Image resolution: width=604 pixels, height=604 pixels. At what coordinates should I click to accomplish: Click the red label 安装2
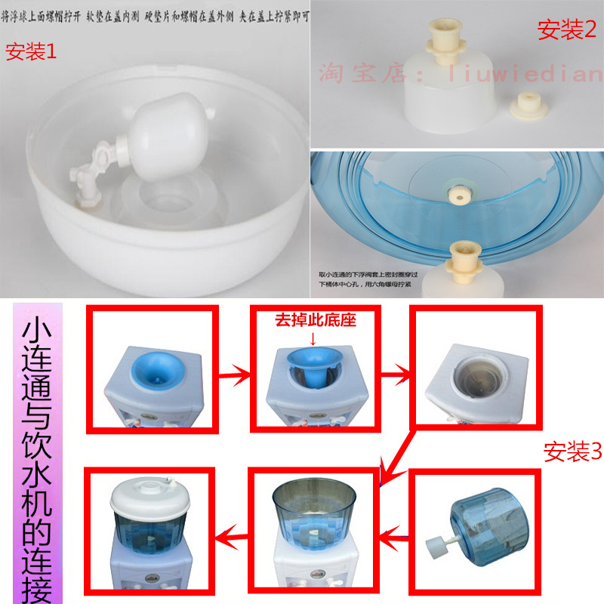click(x=566, y=29)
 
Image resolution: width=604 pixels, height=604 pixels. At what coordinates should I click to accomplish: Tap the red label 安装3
click(x=573, y=451)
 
